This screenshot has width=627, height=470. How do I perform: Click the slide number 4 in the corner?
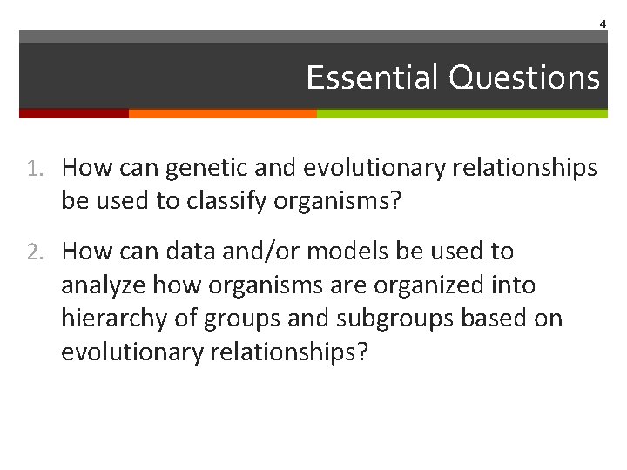[x=602, y=23]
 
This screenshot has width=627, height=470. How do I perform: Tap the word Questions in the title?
[x=524, y=77]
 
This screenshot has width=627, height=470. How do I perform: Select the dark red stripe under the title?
[x=74, y=113]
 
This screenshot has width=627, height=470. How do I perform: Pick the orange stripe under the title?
[x=222, y=113]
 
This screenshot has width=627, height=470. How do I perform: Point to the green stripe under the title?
[x=462, y=113]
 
